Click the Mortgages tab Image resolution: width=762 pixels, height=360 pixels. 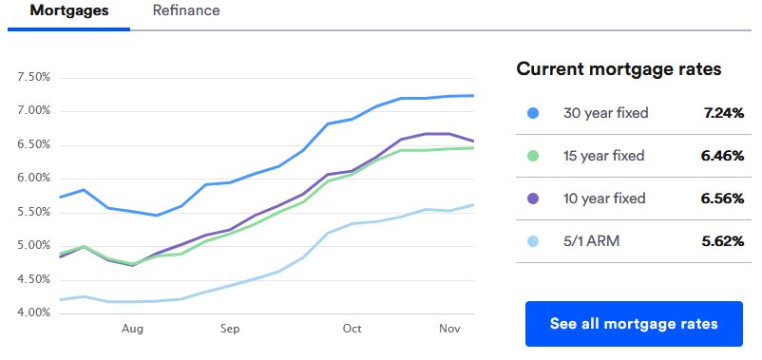tap(69, 11)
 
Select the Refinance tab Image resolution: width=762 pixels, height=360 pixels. tap(186, 11)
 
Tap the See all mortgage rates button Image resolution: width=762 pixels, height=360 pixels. tap(634, 324)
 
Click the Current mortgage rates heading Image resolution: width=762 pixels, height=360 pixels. tap(619, 69)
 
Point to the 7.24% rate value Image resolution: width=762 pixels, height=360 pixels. tap(723, 113)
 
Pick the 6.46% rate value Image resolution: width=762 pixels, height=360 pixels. tap(722, 156)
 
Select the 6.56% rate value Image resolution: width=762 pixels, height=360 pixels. tap(722, 199)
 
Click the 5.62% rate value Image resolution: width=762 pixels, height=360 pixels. tap(722, 241)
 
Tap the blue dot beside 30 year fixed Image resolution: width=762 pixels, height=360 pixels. tap(533, 113)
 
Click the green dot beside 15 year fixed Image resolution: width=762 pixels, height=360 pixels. tap(533, 156)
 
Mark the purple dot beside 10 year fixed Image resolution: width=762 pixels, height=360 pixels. tap(533, 199)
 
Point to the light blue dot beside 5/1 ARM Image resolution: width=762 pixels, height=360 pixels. tap(533, 241)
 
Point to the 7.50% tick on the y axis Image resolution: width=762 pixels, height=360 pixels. tap(33, 78)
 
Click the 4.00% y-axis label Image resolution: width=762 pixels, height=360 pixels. tap(33, 313)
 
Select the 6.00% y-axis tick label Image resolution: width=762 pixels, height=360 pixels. tap(33, 179)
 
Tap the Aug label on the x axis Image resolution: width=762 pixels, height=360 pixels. tap(132, 329)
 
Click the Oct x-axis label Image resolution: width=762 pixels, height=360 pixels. tap(352, 329)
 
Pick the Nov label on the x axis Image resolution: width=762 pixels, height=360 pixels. tap(450, 329)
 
